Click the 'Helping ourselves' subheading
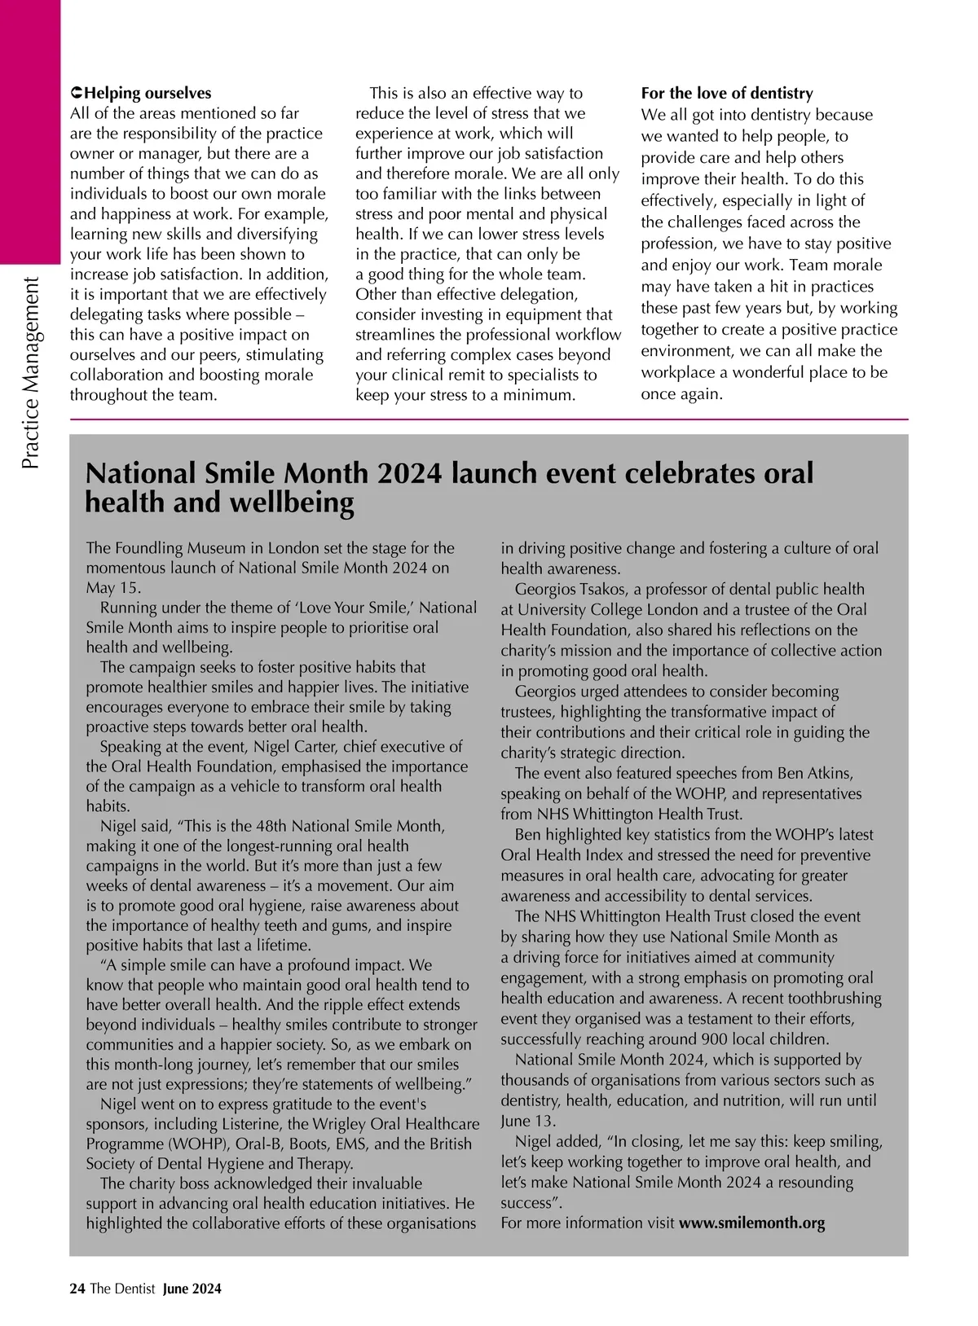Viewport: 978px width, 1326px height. click(147, 94)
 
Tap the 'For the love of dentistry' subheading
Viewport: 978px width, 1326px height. click(727, 94)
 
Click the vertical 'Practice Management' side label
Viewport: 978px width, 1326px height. click(31, 374)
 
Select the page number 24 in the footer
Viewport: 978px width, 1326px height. click(77, 1289)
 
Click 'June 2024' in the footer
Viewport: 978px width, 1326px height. click(192, 1289)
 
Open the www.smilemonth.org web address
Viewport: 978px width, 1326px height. click(751, 1223)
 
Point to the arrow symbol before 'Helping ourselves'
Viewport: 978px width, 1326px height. click(77, 94)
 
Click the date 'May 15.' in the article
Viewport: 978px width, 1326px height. click(113, 588)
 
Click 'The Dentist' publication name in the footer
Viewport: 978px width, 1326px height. click(122, 1289)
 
